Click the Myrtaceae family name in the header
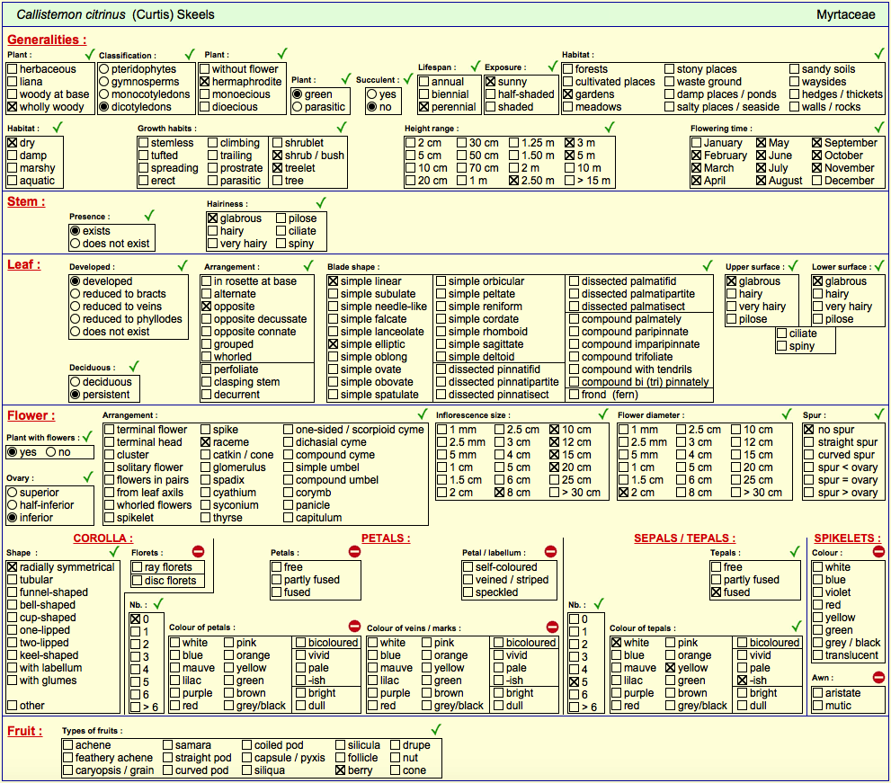tap(845, 14)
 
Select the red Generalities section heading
tap(47, 40)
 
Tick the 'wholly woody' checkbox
tap(12, 107)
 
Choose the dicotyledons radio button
tap(104, 107)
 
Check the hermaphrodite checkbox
tap(205, 82)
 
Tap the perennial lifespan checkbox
tap(423, 107)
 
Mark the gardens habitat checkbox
tap(567, 94)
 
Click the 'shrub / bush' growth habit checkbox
tap(277, 156)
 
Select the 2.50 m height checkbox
tap(513, 181)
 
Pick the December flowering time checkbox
tap(817, 181)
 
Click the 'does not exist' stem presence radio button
tap(75, 244)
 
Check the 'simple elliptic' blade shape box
tap(333, 344)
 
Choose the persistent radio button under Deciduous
tap(75, 395)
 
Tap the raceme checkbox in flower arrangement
tap(206, 442)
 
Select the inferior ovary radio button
tap(12, 518)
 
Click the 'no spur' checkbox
tap(809, 430)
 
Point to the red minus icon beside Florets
tap(198, 551)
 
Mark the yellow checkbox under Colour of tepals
tap(671, 668)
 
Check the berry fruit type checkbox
tap(341, 770)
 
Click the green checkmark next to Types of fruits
tap(436, 730)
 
